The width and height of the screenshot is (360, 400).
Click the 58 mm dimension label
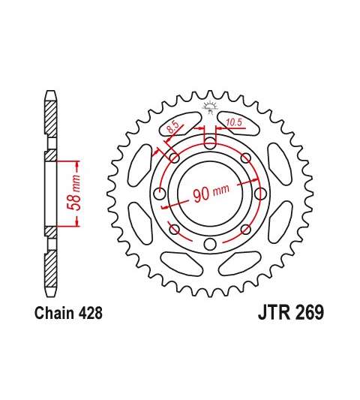[74, 193]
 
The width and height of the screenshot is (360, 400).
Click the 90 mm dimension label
[211, 193]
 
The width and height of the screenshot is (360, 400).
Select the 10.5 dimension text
[233, 122]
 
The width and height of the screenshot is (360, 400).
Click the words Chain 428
[68, 313]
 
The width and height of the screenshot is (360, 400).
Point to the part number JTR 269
[291, 312]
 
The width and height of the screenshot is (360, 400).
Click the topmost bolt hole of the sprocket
[209, 143]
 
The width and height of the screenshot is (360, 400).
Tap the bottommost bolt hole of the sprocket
[209, 245]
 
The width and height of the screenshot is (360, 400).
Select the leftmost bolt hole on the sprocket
[160, 194]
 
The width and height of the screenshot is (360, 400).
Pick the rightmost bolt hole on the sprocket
[260, 194]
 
